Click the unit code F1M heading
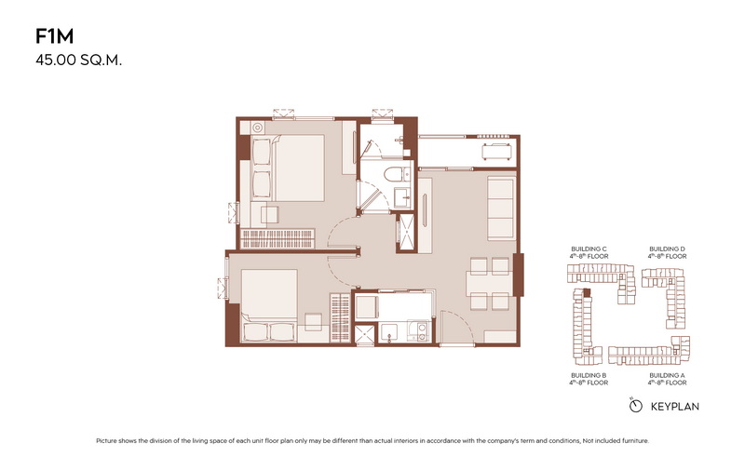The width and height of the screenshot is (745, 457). click(55, 36)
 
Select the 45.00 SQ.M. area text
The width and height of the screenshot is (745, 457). click(79, 60)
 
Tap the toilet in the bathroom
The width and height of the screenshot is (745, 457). click(393, 174)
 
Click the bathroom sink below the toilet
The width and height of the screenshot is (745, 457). click(403, 196)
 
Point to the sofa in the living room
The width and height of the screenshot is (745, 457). click(501, 208)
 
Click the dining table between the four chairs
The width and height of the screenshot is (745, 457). click(490, 284)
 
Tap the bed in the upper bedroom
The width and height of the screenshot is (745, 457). click(288, 168)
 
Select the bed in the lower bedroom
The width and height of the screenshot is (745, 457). click(269, 305)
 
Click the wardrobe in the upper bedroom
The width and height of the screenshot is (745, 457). click(278, 238)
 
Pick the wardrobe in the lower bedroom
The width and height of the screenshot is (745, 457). click(340, 317)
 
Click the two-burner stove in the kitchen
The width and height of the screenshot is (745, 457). click(420, 331)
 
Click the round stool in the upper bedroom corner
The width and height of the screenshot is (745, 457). click(257, 128)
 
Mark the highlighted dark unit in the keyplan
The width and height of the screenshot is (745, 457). click(588, 292)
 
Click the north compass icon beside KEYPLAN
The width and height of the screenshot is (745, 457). click(635, 406)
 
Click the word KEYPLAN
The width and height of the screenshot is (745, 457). click(674, 407)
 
